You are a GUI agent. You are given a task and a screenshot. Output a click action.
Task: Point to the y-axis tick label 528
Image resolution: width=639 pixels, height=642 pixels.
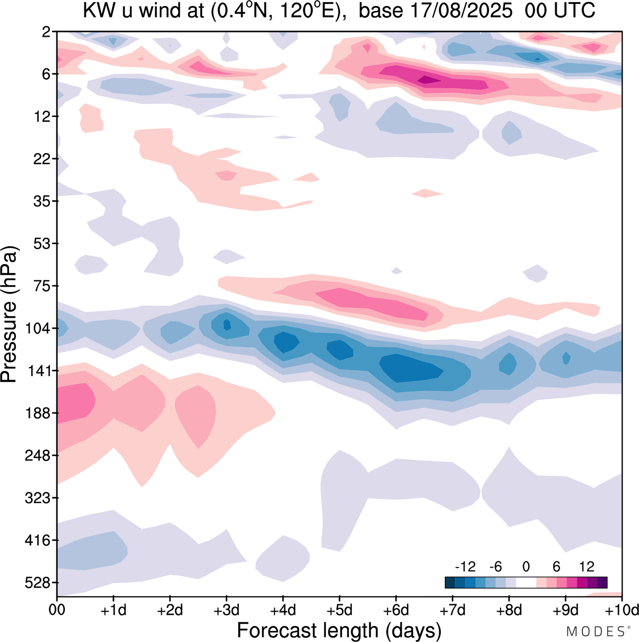pos(38,583)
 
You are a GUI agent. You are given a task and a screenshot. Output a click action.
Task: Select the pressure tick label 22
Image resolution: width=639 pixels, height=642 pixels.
pos(42,159)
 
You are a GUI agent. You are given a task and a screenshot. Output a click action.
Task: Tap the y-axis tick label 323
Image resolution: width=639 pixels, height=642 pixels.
pos(38,498)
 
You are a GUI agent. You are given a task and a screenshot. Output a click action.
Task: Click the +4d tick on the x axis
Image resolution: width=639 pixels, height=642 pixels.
pos(283,610)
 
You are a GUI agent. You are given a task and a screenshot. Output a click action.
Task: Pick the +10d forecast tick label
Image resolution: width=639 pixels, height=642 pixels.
pos(622,610)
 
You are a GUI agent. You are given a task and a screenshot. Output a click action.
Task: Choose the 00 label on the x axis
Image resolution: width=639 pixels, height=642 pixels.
pos(57,610)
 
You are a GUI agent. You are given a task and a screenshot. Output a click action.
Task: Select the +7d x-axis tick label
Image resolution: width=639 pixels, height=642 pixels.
pos(452,610)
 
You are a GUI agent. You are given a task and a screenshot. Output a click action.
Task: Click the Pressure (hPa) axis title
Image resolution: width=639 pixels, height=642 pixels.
pos(10,315)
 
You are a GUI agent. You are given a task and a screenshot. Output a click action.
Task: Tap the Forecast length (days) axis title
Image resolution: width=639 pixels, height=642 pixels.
pos(339,630)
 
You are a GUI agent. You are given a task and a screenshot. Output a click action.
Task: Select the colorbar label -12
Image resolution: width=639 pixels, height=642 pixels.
pos(465,567)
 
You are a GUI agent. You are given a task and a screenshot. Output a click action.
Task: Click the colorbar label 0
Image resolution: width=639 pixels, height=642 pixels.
pos(526,567)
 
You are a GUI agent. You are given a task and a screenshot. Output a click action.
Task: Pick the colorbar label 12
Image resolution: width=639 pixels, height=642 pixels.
pos(587,567)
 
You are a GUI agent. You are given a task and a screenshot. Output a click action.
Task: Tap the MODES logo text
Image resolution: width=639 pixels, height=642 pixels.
pos(597,631)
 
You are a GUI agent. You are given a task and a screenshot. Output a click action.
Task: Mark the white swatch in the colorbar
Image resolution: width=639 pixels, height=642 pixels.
pos(526,583)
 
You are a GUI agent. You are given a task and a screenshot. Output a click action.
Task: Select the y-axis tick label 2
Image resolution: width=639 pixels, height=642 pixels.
pos(46,32)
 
